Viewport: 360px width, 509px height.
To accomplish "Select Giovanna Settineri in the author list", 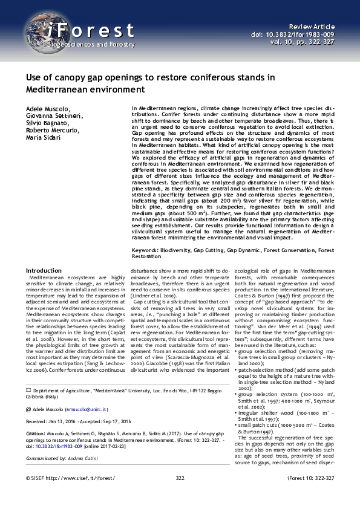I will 54,115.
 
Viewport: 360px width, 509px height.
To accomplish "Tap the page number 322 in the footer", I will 180,494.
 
